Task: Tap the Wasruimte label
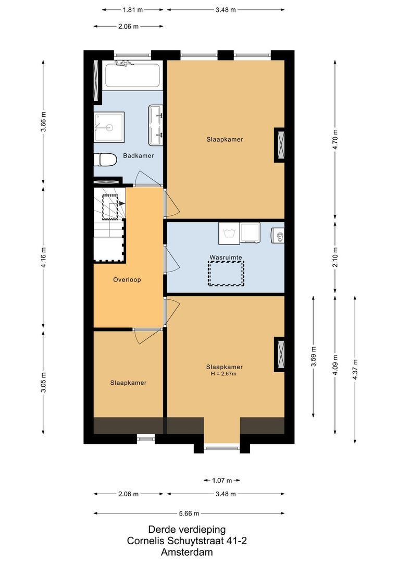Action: point(226,257)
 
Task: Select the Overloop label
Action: point(127,279)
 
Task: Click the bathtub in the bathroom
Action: point(134,75)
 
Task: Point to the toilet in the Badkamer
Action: point(105,160)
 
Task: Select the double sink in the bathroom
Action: point(156,125)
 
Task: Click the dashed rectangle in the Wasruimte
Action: point(226,273)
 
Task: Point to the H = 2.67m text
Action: point(224,373)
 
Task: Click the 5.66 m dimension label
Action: point(189,512)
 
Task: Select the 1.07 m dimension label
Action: point(221,480)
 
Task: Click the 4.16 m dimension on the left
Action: point(44,258)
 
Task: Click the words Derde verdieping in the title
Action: point(187,530)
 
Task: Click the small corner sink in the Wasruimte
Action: point(278,236)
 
